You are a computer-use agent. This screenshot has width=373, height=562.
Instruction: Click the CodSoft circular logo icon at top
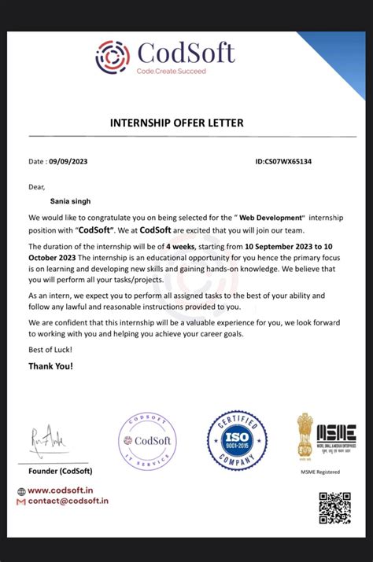click(113, 57)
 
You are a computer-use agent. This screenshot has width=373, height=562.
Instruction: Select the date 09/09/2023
click(68, 162)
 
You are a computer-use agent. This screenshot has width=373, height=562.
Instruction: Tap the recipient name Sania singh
click(60, 201)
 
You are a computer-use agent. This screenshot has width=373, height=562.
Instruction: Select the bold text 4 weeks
click(180, 246)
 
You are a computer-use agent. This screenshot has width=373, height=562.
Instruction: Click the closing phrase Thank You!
click(50, 366)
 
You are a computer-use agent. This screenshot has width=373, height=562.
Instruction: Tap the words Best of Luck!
click(50, 349)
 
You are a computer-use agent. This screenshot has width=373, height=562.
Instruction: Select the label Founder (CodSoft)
click(61, 471)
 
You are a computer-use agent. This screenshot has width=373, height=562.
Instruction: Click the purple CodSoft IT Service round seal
click(148, 441)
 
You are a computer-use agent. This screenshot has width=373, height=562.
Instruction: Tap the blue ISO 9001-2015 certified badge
click(237, 440)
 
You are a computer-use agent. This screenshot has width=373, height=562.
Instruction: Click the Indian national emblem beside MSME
click(305, 437)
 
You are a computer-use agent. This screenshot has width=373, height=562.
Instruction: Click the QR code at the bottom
click(334, 508)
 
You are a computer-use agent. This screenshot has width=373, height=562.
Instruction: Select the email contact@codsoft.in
click(68, 501)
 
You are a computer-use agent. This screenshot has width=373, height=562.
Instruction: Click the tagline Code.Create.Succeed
click(171, 72)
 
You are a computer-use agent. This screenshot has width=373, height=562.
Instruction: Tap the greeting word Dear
click(37, 187)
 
